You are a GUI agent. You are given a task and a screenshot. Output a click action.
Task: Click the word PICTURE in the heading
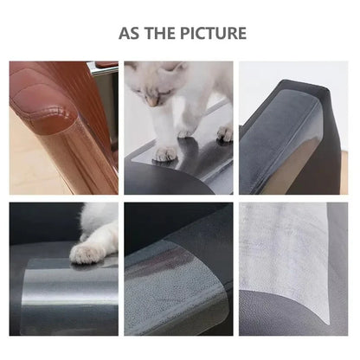(x=210, y=34)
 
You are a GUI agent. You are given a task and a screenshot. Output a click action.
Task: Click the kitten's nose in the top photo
(x=152, y=102)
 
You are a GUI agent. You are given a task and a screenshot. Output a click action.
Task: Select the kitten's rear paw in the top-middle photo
(x=224, y=133)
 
